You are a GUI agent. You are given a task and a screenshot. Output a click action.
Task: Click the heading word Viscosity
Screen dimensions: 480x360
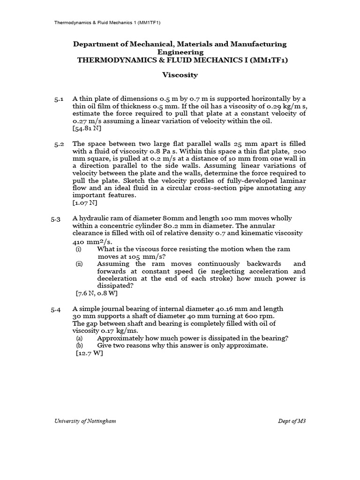click(180, 75)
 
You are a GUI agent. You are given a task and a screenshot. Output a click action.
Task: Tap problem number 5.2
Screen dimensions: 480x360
click(59, 144)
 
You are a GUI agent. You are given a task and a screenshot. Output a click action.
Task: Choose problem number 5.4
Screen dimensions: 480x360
click(56, 309)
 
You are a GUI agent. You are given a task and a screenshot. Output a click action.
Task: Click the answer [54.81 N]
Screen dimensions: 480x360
click(87, 128)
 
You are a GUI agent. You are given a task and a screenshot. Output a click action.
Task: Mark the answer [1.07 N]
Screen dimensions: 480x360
click(85, 203)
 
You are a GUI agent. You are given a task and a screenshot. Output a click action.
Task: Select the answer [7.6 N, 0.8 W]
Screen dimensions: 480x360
click(97, 293)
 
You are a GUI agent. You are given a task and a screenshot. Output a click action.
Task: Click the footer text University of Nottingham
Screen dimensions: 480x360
click(85, 421)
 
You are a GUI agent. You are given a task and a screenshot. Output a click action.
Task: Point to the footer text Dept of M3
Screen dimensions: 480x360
click(292, 421)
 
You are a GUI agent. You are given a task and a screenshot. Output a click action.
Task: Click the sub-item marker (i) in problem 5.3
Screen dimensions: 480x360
click(79, 249)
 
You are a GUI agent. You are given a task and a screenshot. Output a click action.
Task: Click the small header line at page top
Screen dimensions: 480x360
click(108, 22)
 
